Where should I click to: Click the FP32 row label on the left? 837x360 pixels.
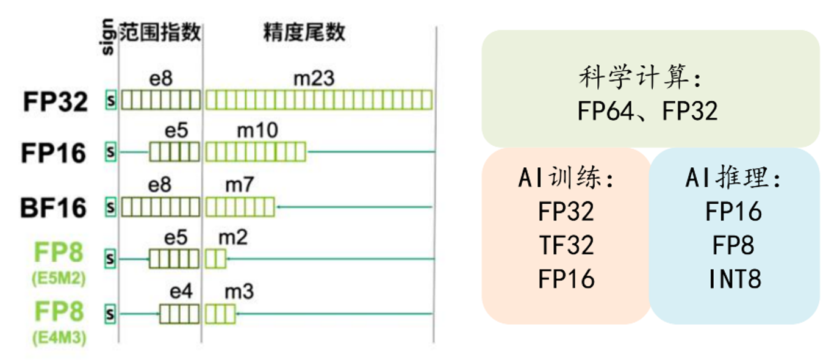coord(56,101)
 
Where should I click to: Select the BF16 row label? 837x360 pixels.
coord(54,208)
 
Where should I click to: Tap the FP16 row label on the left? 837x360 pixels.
coord(54,153)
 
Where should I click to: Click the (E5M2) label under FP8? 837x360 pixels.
coord(59,278)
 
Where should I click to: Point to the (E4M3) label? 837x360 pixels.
coord(59,337)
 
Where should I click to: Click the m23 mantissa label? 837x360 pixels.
coord(314,79)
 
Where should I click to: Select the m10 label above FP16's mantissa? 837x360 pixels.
coord(257,131)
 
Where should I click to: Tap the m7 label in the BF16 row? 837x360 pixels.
coord(240,185)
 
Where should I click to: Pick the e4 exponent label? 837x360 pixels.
coord(181,292)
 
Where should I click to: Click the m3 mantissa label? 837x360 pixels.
coord(239,292)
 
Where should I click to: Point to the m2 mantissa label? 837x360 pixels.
coord(233,238)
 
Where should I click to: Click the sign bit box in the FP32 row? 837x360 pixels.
coord(110,100)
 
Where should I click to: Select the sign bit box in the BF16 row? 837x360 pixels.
coord(110,207)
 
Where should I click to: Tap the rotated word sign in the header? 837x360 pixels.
coord(107,37)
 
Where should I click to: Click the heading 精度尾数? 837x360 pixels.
coord(304,32)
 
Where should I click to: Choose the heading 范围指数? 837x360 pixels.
coord(160,32)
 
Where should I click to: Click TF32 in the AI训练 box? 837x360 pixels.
coord(567,245)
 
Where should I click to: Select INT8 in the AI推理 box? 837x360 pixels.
coord(735,279)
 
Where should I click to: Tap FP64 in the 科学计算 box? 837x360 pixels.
coord(605,111)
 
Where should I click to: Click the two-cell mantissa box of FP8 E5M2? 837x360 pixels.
coord(215,259)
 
